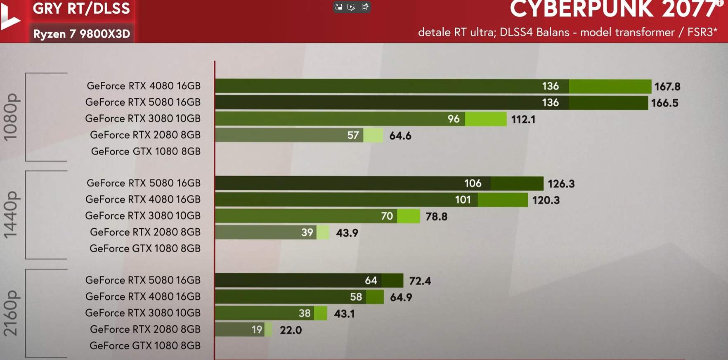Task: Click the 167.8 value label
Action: pos(667,87)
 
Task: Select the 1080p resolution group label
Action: pos(11,117)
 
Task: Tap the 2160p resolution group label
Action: pos(11,313)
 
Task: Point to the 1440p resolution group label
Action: pos(11,215)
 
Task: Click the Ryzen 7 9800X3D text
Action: pos(82,34)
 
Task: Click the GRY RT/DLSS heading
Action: pos(81,9)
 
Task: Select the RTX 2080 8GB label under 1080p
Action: pos(145,135)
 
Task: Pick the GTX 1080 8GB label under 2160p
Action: pos(145,346)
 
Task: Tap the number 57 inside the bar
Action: pos(353,135)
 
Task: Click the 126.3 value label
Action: pos(561,184)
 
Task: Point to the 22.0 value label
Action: pos(291,330)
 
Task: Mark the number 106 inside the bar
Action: pos(473,183)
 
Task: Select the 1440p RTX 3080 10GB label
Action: pos(143,216)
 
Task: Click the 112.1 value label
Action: pos(523,120)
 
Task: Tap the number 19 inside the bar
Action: pos(257,330)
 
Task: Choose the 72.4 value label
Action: pos(420,281)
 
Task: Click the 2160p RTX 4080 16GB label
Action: pos(143,296)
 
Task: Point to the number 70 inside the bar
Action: pos(387,216)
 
